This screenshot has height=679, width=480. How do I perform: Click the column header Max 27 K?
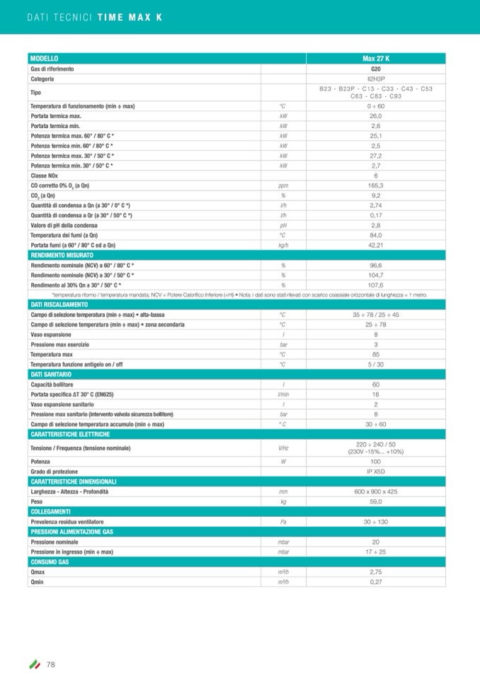(376, 58)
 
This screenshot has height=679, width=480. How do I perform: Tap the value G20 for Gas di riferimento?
(376, 69)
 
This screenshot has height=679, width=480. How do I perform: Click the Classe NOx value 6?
(376, 175)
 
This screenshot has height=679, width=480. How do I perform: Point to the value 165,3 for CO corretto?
(376, 185)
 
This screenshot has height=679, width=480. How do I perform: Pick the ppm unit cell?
(283, 185)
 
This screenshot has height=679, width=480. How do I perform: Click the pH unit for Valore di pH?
(283, 224)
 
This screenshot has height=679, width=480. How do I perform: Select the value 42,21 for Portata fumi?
(376, 244)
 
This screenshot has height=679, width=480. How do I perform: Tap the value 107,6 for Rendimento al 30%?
(376, 284)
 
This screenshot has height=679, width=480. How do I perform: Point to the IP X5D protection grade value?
(376, 471)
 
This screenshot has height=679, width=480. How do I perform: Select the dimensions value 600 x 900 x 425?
(376, 491)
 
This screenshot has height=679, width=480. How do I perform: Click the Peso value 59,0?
(376, 501)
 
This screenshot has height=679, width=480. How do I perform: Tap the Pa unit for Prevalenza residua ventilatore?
(283, 521)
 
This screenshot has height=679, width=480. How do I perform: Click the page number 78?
(51, 663)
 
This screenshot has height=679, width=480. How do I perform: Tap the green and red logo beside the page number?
(34, 663)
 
